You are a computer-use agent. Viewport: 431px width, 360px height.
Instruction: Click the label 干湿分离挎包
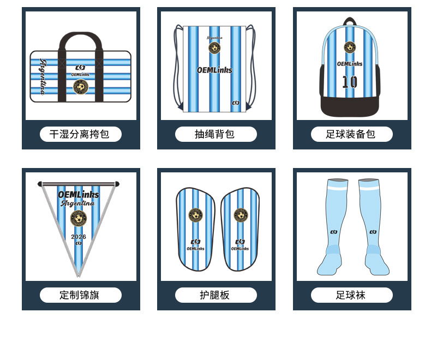click(x=80, y=134)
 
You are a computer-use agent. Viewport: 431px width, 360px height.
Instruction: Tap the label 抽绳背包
click(x=215, y=134)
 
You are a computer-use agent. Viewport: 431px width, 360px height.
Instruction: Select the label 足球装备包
click(x=351, y=134)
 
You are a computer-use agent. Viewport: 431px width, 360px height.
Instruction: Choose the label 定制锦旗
click(x=80, y=295)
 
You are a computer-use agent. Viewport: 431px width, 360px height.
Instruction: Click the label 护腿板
click(x=215, y=295)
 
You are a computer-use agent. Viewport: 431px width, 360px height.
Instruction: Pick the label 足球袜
click(x=351, y=295)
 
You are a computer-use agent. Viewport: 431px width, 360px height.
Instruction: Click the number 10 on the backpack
click(x=349, y=82)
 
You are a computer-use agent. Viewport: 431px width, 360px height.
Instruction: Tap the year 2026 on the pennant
click(x=79, y=237)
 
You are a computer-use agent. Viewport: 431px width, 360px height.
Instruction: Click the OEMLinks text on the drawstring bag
click(x=214, y=70)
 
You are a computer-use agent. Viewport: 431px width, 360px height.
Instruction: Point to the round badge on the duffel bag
click(x=80, y=86)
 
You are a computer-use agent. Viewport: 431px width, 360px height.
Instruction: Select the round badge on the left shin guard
click(x=195, y=215)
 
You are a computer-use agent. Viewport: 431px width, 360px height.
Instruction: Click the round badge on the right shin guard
click(x=241, y=215)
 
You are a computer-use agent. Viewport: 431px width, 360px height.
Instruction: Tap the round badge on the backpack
click(x=349, y=47)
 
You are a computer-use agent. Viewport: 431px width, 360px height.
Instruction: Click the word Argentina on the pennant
click(x=78, y=203)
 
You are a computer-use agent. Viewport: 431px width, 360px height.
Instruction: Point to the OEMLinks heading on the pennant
click(x=79, y=194)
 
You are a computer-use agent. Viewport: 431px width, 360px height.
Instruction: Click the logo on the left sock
click(x=333, y=232)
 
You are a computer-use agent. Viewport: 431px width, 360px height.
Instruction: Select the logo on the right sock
click(x=373, y=232)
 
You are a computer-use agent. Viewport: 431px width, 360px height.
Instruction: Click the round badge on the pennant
click(x=79, y=219)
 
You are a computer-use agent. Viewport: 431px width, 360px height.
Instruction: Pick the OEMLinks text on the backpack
click(x=349, y=64)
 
